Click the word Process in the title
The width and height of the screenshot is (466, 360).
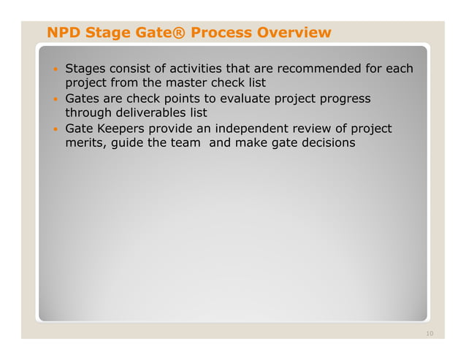220,33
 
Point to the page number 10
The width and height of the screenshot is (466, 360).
429,334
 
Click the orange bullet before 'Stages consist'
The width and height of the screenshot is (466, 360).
54,70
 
